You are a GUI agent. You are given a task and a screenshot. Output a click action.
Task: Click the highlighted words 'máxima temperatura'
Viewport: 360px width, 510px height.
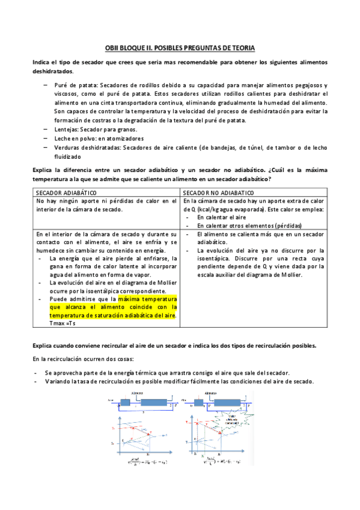[147, 298]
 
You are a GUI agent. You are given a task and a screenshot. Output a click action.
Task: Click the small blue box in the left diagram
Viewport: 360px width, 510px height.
[126, 402]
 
